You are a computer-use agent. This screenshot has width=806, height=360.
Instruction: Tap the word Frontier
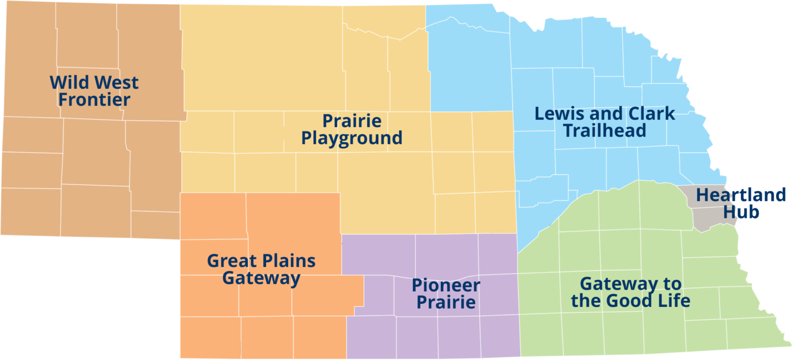click(94, 99)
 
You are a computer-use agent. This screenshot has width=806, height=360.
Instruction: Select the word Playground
click(352, 138)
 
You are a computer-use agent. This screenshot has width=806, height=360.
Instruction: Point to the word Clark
click(649, 113)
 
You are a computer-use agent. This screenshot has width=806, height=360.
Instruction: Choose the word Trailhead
click(604, 130)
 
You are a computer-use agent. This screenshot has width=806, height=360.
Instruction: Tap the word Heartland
click(741, 195)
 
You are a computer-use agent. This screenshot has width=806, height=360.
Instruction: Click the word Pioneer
click(446, 285)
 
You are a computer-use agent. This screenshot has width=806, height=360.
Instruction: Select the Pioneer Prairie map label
click(446, 294)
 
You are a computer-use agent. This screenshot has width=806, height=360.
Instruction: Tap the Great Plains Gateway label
click(261, 269)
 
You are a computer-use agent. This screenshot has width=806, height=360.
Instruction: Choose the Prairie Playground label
click(352, 130)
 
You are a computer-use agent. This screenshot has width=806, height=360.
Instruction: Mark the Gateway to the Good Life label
click(630, 292)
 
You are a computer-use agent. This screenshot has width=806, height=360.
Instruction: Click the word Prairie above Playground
click(352, 121)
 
